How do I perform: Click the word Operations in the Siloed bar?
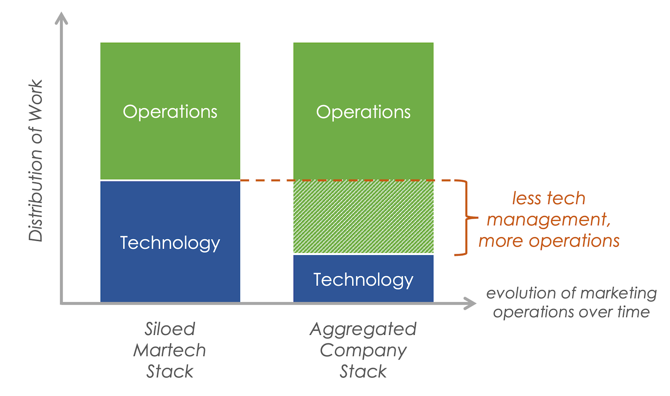pos(170,112)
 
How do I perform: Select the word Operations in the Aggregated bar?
pos(363,112)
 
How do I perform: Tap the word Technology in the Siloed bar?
pos(170,243)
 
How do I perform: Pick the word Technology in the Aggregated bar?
pos(363,280)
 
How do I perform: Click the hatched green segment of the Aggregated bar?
pos(363,217)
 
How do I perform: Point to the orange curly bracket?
pos(465,218)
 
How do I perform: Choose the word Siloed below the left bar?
pos(170,329)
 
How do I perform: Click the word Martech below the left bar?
pos(170,350)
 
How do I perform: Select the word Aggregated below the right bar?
pos(363,329)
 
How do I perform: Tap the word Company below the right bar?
pos(363,350)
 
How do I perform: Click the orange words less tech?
pos(549,198)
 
